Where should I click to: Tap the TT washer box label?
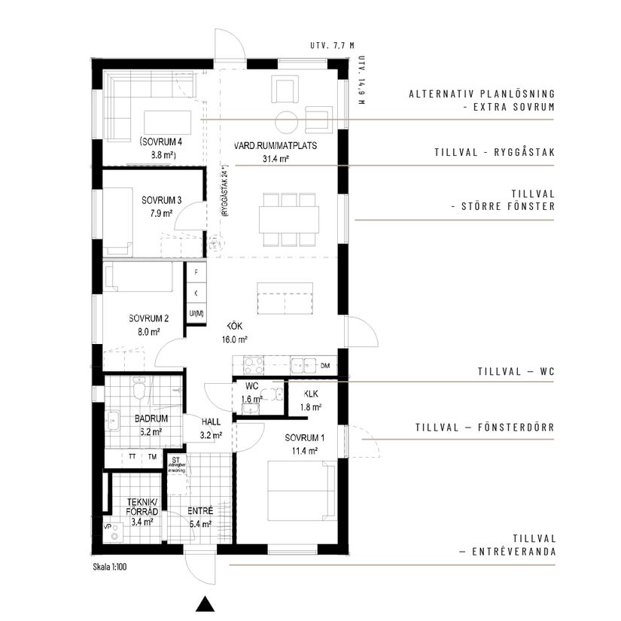tap(132, 457)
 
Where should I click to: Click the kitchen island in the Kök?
tap(285, 298)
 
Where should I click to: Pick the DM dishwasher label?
tap(325, 366)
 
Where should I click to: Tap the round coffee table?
tap(287, 120)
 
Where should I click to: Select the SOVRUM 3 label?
tap(161, 206)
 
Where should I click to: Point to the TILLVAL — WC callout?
tap(516, 372)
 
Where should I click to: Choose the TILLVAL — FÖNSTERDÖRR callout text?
tap(485, 428)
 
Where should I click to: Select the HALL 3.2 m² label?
tap(209, 428)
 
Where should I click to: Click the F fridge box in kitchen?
tap(196, 272)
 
